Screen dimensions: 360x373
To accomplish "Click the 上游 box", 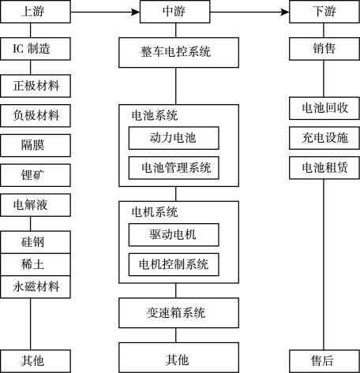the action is tap(36, 12).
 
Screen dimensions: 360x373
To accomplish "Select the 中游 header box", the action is tap(174, 12).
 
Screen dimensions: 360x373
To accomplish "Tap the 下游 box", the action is tap(324, 12).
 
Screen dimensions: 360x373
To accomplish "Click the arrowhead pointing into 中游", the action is tap(136, 12).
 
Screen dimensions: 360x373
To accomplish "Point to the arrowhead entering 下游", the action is tap(285, 12).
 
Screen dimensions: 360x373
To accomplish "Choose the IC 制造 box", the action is tap(36, 49).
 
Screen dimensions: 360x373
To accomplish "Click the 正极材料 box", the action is tap(36, 86).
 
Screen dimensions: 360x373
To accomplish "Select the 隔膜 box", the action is tap(36, 145).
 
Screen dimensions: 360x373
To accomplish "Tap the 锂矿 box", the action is tap(36, 175).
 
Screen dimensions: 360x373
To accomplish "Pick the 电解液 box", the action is tap(36, 205).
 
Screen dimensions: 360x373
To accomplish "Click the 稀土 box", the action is tap(36, 264).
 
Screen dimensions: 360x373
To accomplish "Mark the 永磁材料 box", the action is tap(36, 287).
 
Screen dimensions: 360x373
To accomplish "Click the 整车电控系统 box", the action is tap(178, 53).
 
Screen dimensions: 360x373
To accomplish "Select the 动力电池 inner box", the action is tap(174, 138).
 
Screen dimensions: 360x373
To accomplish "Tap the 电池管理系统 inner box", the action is tap(174, 168).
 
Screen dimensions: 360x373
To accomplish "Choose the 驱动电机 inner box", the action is tap(174, 235).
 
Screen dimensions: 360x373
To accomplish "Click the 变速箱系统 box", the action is tap(178, 313).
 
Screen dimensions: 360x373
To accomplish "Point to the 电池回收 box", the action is tap(324, 108).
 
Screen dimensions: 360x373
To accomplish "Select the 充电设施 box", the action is tap(324, 138).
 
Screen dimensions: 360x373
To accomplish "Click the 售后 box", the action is tap(324, 361).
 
